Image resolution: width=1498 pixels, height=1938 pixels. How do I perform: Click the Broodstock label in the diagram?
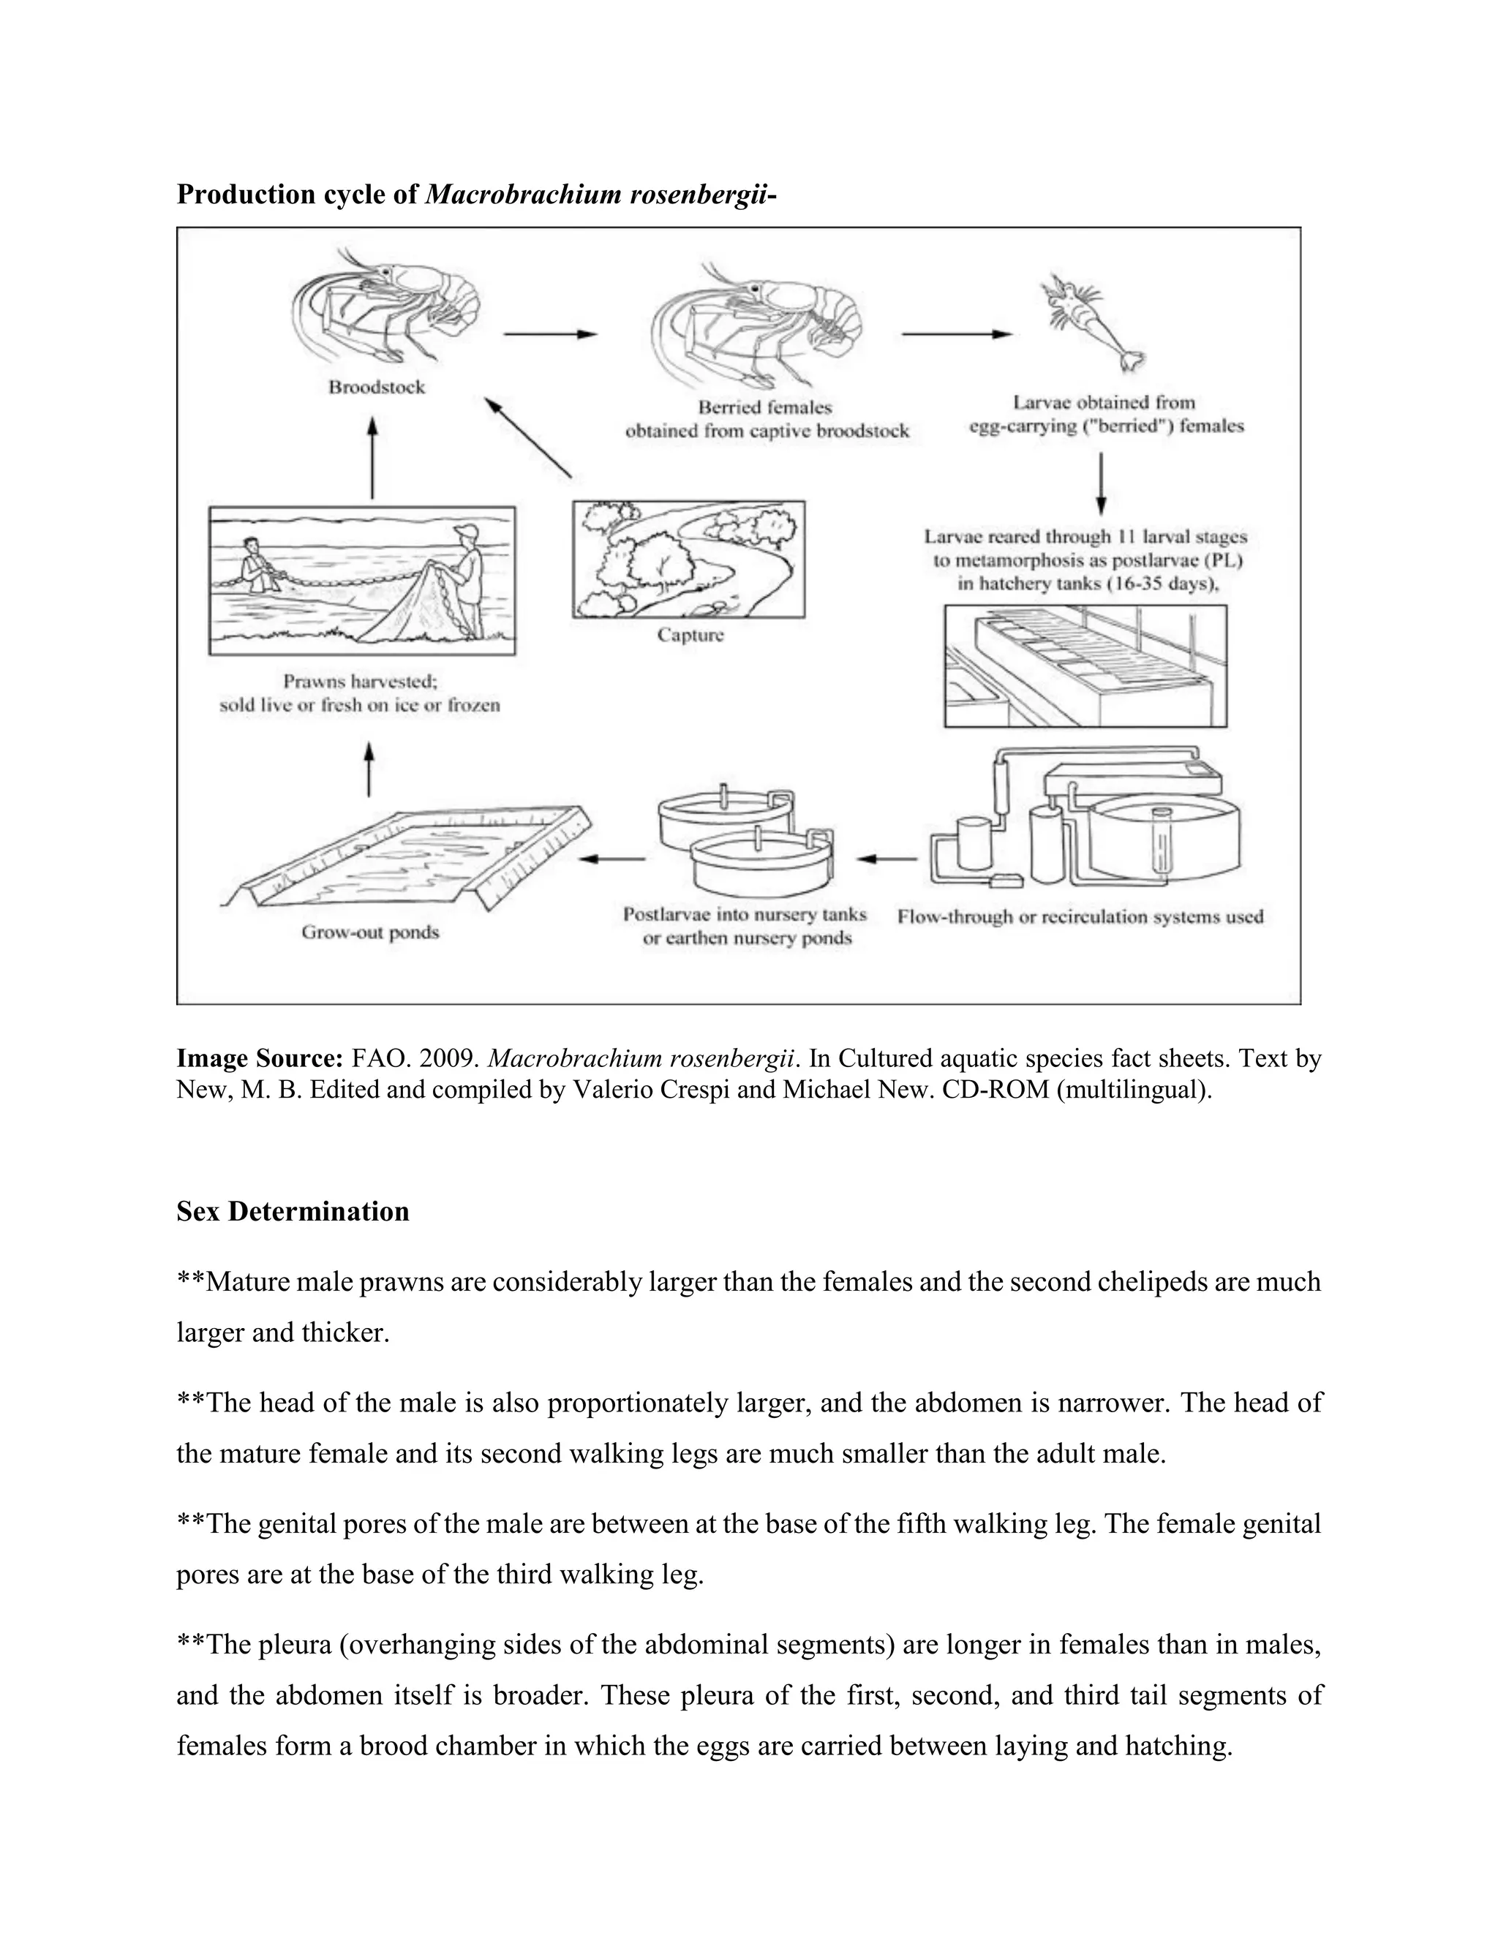point(376,388)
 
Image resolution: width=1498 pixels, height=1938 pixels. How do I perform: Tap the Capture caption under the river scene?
point(690,636)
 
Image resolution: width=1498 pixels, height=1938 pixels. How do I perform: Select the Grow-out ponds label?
point(370,932)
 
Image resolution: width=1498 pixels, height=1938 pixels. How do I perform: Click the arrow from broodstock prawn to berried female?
point(549,334)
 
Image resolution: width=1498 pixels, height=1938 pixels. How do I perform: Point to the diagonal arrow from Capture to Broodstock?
point(527,438)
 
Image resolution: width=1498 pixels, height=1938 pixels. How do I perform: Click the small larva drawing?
point(1090,324)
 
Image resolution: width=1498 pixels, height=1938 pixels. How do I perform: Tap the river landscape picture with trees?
point(688,559)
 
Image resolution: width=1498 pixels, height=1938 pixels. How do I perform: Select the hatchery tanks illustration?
point(1085,666)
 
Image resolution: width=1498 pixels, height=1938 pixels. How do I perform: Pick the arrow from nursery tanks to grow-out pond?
point(612,859)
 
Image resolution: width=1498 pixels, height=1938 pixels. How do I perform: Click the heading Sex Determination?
point(293,1212)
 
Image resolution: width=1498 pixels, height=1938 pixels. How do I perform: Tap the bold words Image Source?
point(259,1059)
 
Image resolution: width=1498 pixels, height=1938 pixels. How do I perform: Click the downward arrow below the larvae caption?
point(1100,483)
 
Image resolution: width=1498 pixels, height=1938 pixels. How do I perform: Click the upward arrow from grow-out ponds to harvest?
point(369,770)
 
